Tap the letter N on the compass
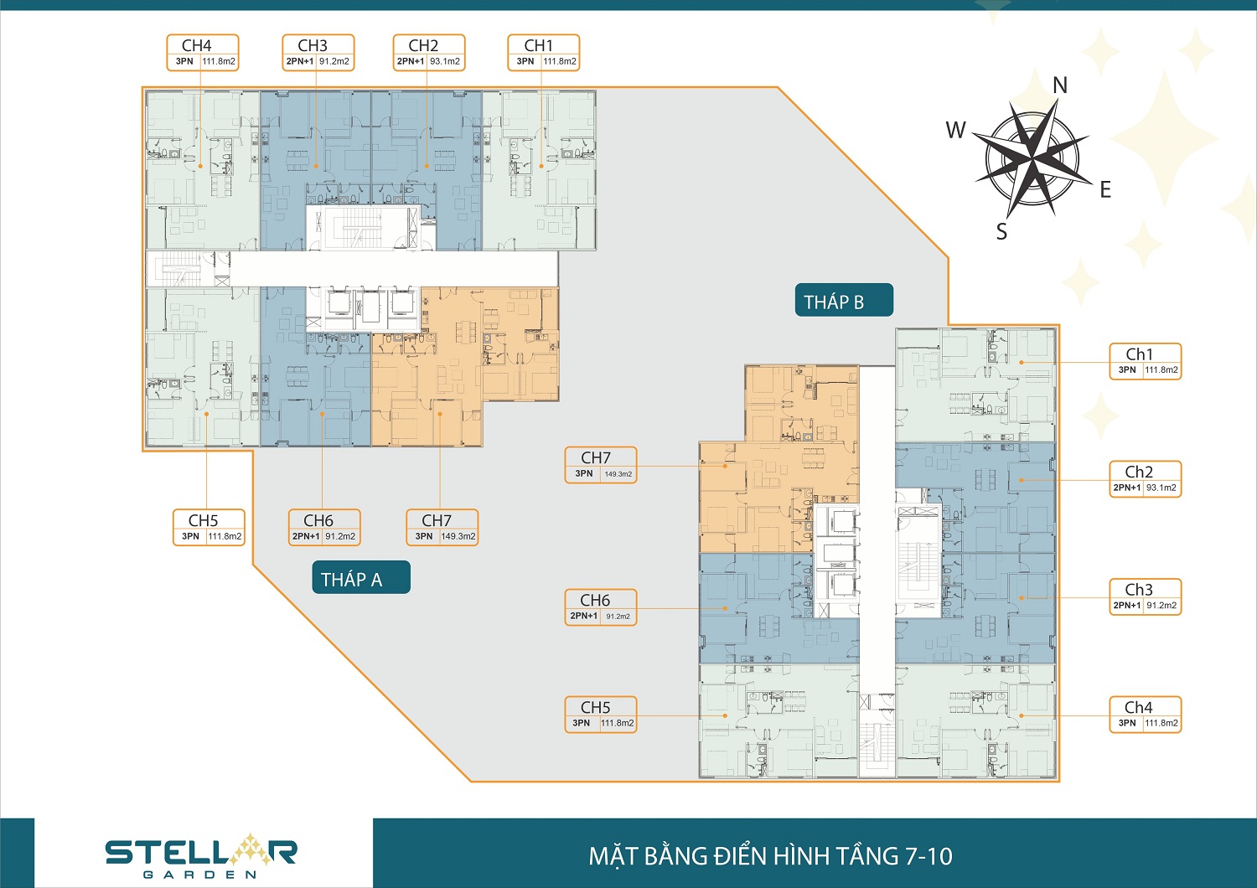[1059, 85]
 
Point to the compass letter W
[955, 130]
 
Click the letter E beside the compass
[1105, 189]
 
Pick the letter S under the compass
[1001, 231]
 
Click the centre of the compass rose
[1032, 159]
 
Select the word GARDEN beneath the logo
[200, 874]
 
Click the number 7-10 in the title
[929, 856]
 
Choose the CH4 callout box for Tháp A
[203, 53]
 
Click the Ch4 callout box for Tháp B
[1146, 715]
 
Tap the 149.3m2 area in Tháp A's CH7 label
[458, 536]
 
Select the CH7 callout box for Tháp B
[601, 465]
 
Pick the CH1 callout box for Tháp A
[544, 53]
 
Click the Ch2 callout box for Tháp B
[1146, 479]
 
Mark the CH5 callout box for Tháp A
[209, 527]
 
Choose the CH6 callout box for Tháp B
[601, 607]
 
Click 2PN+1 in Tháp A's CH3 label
[300, 61]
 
